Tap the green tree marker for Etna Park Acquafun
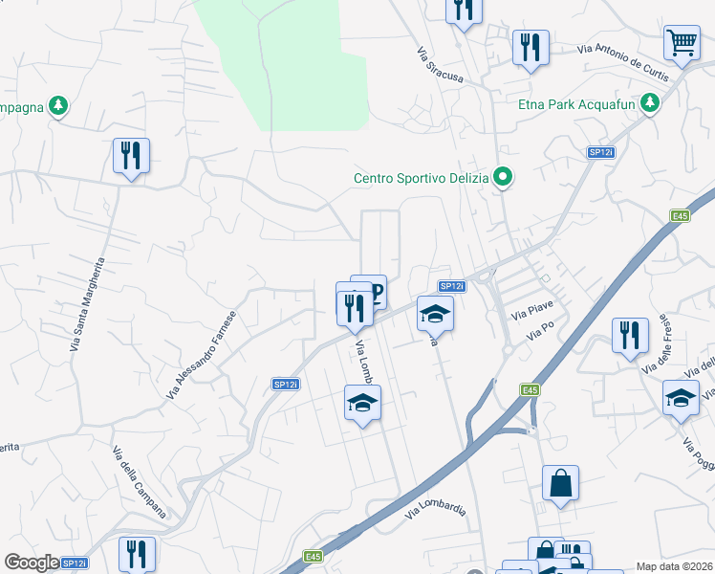[x=651, y=101]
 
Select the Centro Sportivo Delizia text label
[x=421, y=177]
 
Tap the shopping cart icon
[x=681, y=42]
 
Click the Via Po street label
[x=541, y=331]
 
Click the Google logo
[x=32, y=563]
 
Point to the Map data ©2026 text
[x=673, y=565]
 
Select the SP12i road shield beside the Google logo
[x=75, y=563]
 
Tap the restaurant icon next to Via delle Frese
[x=629, y=336]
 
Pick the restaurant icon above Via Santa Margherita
[x=132, y=156]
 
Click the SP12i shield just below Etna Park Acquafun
[x=599, y=152]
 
